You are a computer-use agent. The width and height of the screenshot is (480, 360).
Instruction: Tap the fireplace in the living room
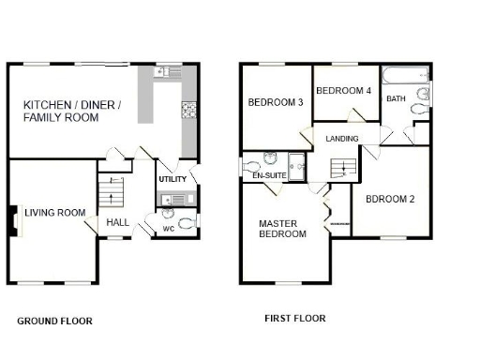tap(14, 221)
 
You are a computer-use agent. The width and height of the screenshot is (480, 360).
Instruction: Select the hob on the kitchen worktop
tap(187, 110)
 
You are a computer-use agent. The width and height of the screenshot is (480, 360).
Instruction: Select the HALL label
tap(118, 222)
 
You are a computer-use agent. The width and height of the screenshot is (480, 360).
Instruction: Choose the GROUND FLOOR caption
tap(54, 321)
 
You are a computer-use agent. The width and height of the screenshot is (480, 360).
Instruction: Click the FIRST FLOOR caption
tap(294, 319)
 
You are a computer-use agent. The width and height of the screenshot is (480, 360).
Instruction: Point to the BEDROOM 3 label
tap(275, 102)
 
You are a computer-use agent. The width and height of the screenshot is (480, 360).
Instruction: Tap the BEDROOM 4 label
tap(343, 91)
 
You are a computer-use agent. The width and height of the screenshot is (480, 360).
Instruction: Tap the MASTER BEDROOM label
tap(282, 229)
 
